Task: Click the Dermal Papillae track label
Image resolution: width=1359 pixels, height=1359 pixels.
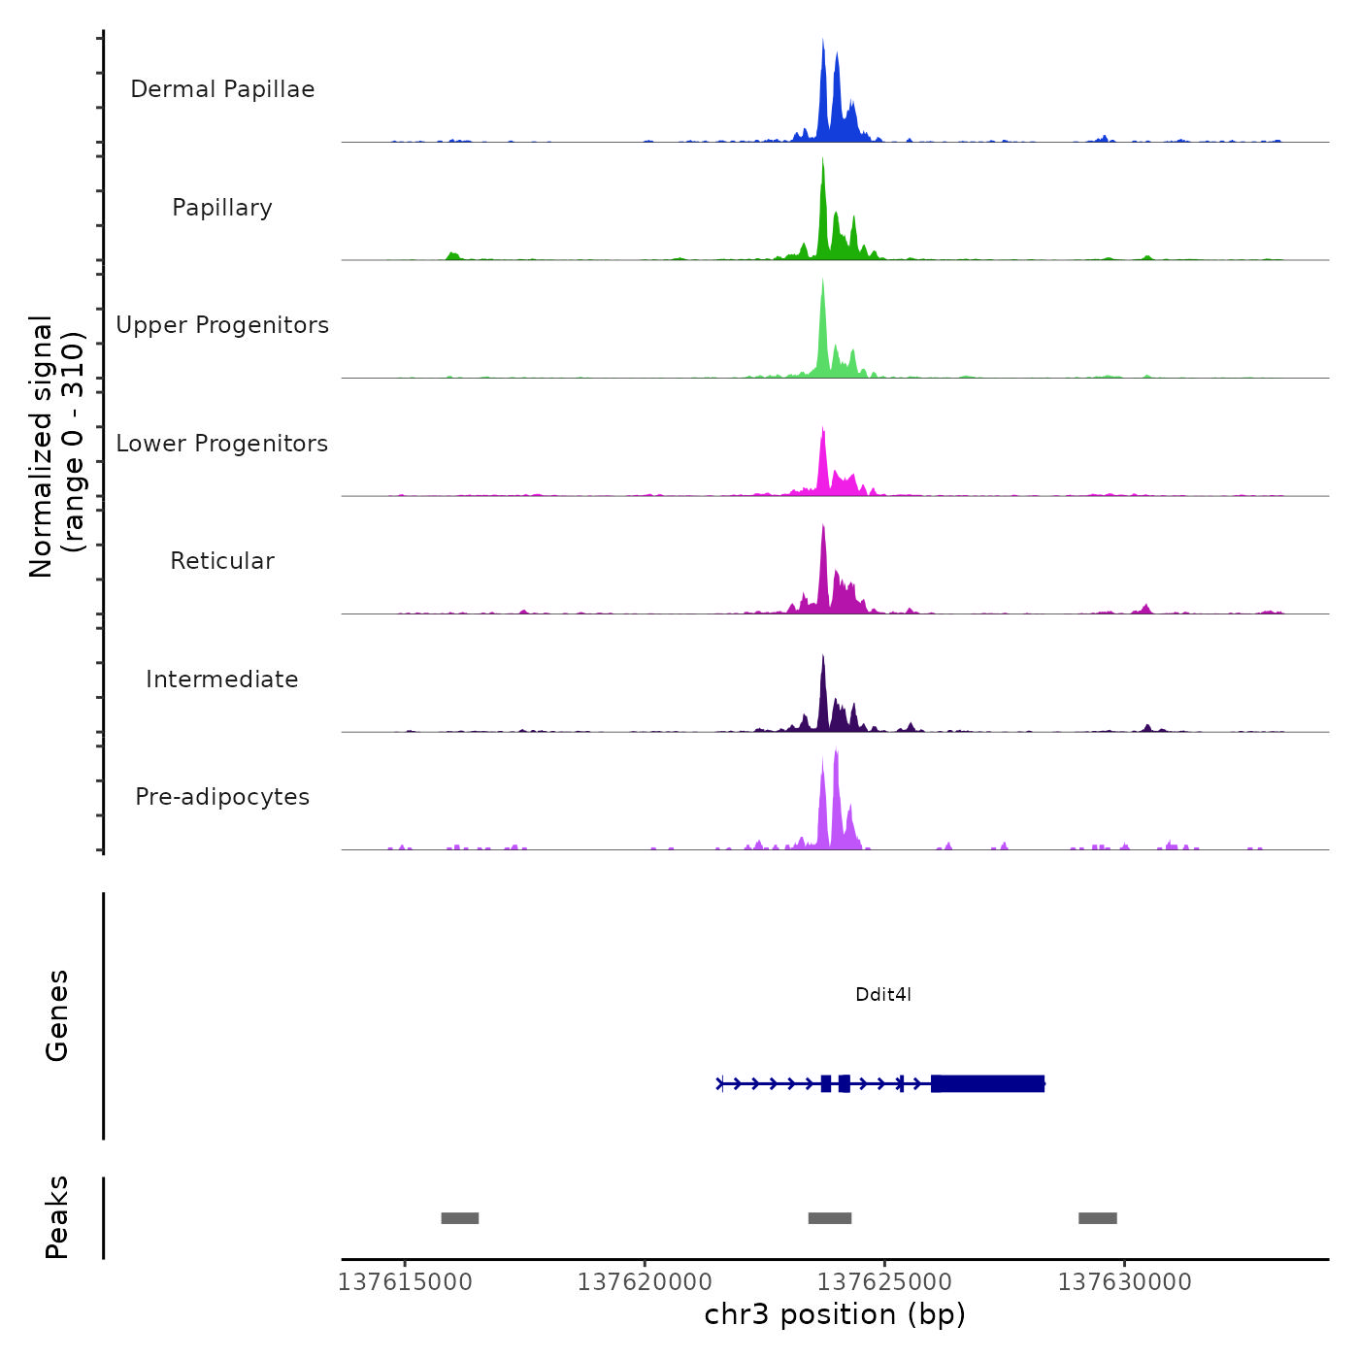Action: (222, 89)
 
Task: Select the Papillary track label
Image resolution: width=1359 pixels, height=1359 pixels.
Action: (222, 208)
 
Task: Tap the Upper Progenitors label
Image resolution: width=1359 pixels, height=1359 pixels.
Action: (222, 325)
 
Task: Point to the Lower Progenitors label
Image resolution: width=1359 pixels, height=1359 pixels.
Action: (222, 444)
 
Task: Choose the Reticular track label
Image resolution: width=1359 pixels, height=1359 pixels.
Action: (222, 561)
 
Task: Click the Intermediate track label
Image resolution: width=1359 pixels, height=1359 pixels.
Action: (222, 679)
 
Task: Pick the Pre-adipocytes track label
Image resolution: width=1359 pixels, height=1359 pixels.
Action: (222, 797)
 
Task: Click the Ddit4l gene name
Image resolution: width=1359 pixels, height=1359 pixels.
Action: (883, 995)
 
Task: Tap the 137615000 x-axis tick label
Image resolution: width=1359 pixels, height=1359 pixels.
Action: (405, 1282)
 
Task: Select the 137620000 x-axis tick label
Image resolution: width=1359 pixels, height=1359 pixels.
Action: (645, 1282)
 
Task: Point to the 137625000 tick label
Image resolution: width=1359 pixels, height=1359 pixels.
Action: (884, 1282)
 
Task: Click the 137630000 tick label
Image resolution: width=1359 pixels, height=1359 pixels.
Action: (1124, 1282)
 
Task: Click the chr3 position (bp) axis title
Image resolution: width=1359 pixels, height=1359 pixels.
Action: (835, 1315)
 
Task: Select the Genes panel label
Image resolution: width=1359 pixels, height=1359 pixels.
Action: (57, 1015)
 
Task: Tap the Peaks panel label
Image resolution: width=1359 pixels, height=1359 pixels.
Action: (57, 1217)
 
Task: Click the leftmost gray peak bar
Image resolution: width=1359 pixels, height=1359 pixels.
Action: (460, 1218)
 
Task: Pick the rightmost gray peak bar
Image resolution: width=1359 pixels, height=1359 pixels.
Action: (1098, 1218)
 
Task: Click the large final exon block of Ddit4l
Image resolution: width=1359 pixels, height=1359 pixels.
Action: (988, 1083)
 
